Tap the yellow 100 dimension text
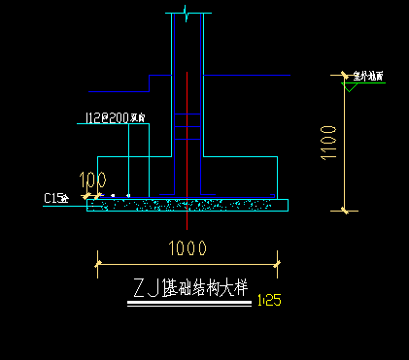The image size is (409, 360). pyautogui.click(x=93, y=180)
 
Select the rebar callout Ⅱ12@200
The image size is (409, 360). pyautogui.click(x=115, y=118)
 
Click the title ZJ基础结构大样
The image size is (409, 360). pyautogui.click(x=190, y=288)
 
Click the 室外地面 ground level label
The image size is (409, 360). pyautogui.click(x=368, y=75)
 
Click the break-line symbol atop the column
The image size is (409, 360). pyautogui.click(x=187, y=13)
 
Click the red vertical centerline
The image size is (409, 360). pyautogui.click(x=187, y=146)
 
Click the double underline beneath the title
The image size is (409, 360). pyautogui.click(x=189, y=305)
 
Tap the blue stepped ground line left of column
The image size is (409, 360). pyautogui.click(x=117, y=90)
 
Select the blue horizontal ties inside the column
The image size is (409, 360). pyautogui.click(x=187, y=120)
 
